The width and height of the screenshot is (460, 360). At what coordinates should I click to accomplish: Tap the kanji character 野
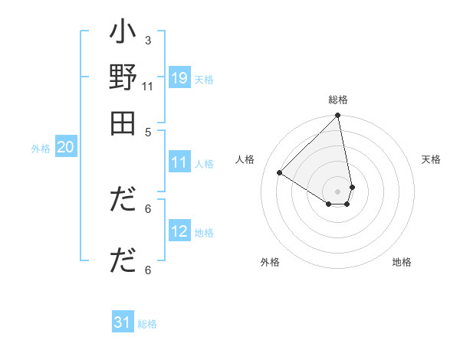tap(123, 80)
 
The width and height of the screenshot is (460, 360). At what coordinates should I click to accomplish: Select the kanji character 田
tap(123, 123)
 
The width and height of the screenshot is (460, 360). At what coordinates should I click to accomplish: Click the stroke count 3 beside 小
tap(148, 39)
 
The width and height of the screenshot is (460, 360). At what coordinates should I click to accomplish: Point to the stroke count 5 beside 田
tap(148, 131)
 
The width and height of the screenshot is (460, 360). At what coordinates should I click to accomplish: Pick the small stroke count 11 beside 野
tap(147, 86)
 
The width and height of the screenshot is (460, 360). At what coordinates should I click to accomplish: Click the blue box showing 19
tap(179, 78)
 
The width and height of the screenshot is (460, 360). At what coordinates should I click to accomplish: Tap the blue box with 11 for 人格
tap(179, 162)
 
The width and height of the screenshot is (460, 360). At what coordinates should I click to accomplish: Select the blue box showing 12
tap(179, 231)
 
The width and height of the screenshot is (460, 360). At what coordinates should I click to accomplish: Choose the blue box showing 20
tap(65, 148)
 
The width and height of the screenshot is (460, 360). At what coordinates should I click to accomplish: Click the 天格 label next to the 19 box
tap(204, 80)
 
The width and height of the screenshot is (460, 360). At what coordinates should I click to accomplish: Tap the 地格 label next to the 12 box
tap(204, 233)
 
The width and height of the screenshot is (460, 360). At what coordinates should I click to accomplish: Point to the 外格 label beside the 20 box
tap(41, 149)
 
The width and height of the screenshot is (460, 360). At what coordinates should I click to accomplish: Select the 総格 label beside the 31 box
tap(147, 324)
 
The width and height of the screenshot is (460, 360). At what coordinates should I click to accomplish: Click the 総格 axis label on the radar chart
tap(338, 100)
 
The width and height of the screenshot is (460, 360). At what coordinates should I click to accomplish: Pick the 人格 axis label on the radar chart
tap(245, 159)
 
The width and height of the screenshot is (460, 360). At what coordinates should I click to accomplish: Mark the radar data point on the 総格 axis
tap(338, 116)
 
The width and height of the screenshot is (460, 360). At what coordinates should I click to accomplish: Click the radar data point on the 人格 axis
tap(280, 173)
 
